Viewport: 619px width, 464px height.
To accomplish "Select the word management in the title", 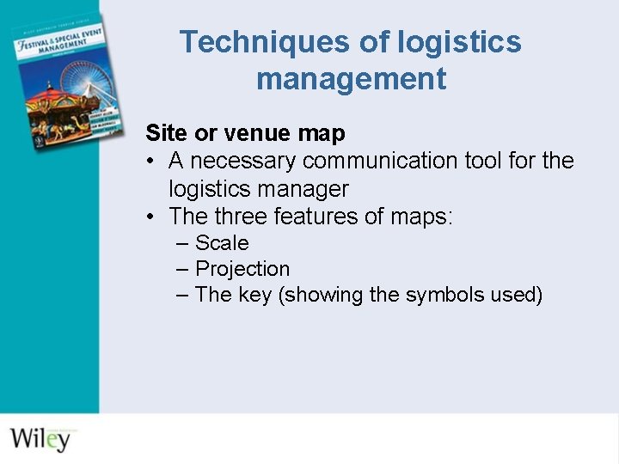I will pyautogui.click(x=351, y=79).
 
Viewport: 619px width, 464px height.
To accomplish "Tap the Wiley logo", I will pyautogui.click(x=40, y=437).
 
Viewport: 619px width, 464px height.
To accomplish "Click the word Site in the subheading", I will pyautogui.click(x=161, y=133).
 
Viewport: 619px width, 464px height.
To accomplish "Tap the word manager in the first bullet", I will pyautogui.click(x=306, y=188).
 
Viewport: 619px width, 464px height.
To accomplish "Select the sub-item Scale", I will pyautogui.click(x=222, y=243).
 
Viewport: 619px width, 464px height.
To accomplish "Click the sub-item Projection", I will pyautogui.click(x=242, y=269).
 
